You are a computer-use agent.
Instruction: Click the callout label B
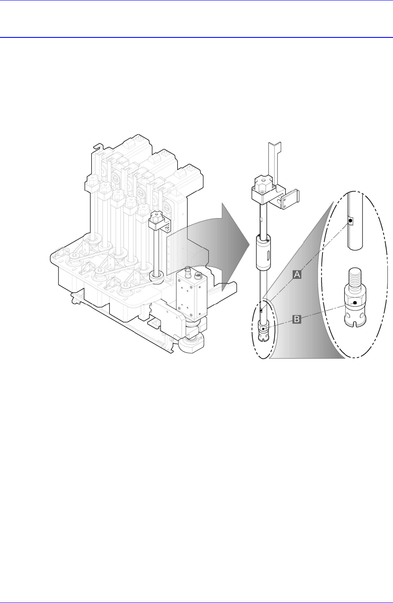[297, 319]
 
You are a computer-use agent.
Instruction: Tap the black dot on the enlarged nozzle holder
[354, 303]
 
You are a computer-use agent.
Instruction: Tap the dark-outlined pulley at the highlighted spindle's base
[155, 278]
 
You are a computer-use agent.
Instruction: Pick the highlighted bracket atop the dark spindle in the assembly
[158, 222]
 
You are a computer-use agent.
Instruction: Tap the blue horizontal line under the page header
[196, 37]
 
